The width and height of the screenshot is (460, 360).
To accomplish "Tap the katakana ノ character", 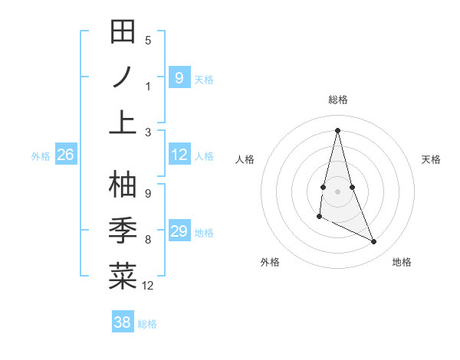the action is coord(123,77).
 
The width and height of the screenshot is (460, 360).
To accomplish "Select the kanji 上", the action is coord(123,121).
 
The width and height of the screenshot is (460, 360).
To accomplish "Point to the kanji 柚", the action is coord(123,185).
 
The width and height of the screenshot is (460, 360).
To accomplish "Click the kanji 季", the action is coord(123,230).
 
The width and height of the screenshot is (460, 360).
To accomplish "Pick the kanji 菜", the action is coord(123,275).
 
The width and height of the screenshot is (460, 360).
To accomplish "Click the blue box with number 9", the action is coord(179,77).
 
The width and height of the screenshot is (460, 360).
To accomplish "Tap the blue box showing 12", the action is coord(179,155).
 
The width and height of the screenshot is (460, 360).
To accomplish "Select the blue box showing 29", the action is coord(179,231).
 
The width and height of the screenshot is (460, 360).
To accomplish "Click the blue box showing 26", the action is coord(65,155).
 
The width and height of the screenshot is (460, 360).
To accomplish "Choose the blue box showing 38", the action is coord(122,322).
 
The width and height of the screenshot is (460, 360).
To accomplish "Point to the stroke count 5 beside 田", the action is coord(148,41).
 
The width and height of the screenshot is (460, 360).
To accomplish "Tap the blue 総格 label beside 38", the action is coord(147,324).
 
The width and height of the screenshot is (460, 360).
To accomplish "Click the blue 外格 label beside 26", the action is coord(41,156).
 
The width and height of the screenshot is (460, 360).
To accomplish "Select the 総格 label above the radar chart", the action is coord(337,100).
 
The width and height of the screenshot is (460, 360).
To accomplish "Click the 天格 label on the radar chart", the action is coord(431,159).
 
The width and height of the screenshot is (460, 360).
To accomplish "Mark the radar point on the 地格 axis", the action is coord(374,242).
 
